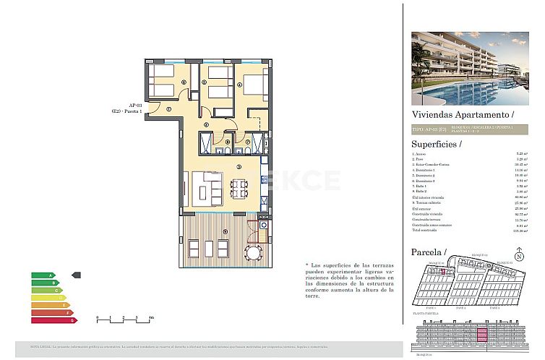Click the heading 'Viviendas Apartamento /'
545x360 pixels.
[462, 114]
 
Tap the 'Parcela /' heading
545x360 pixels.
[429, 251]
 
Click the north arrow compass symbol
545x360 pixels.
[518, 255]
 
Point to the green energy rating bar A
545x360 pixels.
[43, 275]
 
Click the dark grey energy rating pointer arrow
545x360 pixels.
[77, 275]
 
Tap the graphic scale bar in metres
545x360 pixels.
[124, 317]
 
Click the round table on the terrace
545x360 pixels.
[254, 253]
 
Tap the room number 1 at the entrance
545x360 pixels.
[168, 109]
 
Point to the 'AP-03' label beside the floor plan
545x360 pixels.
[135, 105]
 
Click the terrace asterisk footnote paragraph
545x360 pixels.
[350, 280]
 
